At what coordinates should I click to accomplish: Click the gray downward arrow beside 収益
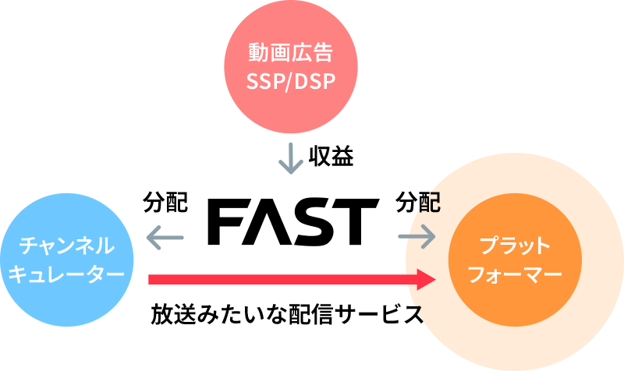click(290, 158)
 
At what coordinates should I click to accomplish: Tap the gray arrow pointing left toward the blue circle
click(165, 235)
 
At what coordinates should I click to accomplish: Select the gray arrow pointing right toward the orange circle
click(417, 235)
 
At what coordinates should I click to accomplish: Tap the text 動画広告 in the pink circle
click(290, 54)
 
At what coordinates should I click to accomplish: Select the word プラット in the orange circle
click(516, 247)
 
